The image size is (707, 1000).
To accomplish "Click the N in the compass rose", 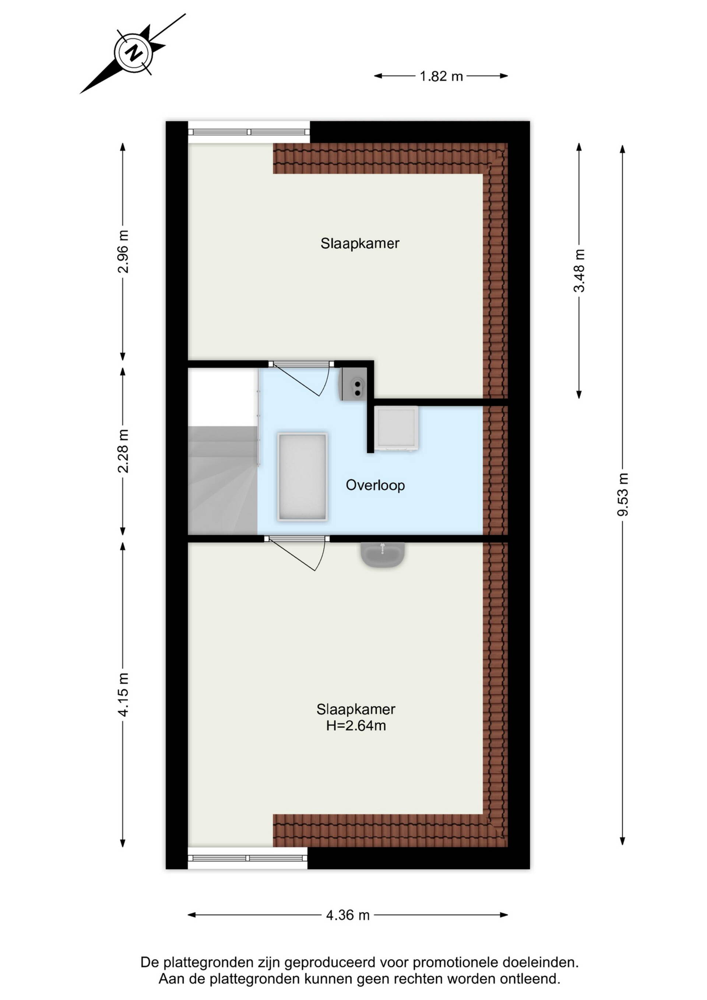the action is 134,52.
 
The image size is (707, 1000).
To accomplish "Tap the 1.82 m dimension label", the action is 441,76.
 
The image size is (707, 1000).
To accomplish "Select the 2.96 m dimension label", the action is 123,251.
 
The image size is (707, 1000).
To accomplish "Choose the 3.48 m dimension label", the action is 580,270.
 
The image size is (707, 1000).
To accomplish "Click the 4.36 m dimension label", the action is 348,915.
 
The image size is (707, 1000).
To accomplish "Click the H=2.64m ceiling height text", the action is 356,725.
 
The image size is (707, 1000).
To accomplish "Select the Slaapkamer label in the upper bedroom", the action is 360,243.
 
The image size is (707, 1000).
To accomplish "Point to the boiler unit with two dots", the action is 353,384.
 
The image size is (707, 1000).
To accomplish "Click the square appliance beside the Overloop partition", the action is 397,428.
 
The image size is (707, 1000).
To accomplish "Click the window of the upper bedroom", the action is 249,132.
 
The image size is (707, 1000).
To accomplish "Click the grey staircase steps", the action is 223,480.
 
